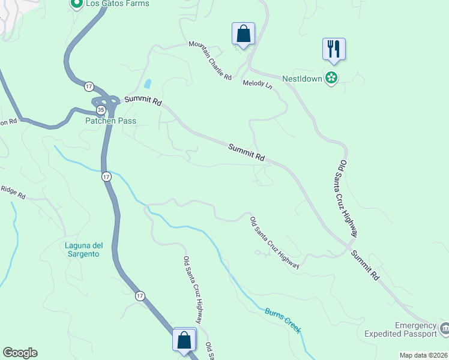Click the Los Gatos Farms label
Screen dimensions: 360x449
[x=117, y=4]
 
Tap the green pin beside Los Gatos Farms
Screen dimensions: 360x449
[x=76, y=4]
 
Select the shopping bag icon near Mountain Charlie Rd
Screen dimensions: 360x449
[x=243, y=34]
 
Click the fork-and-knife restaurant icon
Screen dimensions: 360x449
[x=334, y=49]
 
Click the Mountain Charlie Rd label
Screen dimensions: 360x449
[x=210, y=61]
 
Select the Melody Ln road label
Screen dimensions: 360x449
[x=258, y=85]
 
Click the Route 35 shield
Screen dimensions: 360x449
[x=101, y=110]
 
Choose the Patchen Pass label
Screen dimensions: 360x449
[x=110, y=121]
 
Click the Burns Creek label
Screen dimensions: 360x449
[x=283, y=320]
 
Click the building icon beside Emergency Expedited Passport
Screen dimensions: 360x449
[x=444, y=328]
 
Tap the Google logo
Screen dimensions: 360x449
[x=19, y=353]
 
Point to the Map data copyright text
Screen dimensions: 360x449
[x=424, y=355]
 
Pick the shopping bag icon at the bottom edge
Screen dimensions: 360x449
[x=184, y=340]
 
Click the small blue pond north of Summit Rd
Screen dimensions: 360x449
[x=148, y=84]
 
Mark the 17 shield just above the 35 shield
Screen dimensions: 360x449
[x=88, y=86]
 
